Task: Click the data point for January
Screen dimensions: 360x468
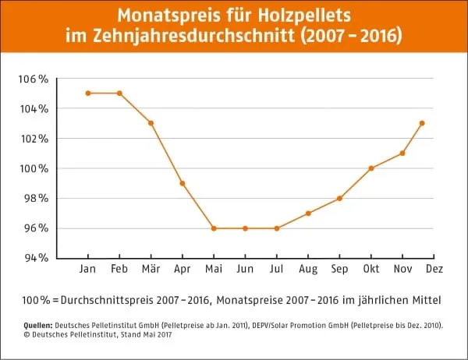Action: point(88,93)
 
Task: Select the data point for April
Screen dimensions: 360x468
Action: point(182,183)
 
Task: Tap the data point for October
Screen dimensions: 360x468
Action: point(371,168)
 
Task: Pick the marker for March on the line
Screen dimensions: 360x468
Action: point(151,123)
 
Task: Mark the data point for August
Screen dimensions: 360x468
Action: point(308,214)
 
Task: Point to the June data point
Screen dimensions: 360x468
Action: point(245,228)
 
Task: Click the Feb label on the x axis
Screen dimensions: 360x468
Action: point(119,270)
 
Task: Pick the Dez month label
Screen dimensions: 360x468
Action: point(434,270)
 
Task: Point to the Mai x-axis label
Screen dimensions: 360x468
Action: point(213,270)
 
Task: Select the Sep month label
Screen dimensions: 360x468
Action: point(339,270)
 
